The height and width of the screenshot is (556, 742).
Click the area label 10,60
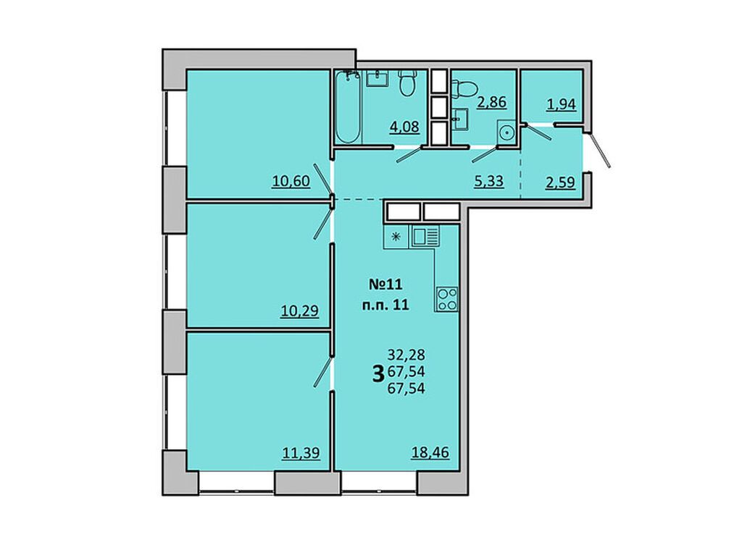click(x=291, y=181)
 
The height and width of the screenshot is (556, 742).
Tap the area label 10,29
click(x=299, y=311)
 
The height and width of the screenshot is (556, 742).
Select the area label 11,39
click(x=301, y=453)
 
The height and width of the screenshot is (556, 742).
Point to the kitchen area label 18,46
click(x=430, y=452)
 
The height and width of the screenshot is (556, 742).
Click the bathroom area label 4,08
click(x=404, y=127)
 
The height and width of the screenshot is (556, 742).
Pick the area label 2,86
click(x=492, y=102)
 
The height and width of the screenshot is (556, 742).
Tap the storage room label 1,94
click(x=562, y=104)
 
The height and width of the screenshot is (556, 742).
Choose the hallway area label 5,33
click(x=489, y=181)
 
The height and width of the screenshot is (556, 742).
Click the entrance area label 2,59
click(x=561, y=182)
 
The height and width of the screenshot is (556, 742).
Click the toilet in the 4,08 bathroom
click(x=407, y=83)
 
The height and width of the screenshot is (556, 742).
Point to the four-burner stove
click(x=447, y=299)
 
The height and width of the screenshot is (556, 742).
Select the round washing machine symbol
click(x=506, y=132)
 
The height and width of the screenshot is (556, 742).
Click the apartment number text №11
click(x=385, y=284)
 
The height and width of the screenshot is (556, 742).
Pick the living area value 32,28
click(x=406, y=354)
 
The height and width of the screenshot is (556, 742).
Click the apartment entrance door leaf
click(x=599, y=149)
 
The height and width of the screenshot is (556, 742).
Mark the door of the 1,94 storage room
click(x=539, y=132)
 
